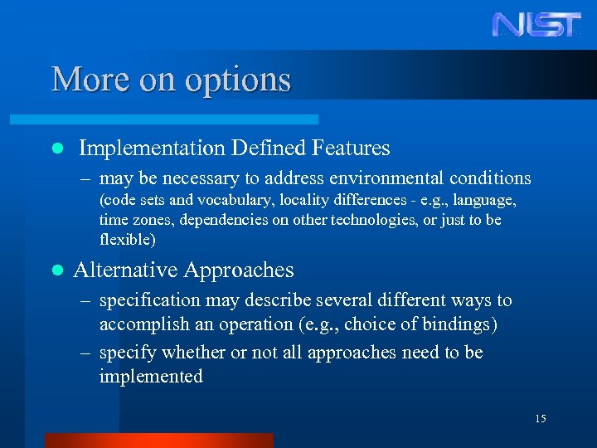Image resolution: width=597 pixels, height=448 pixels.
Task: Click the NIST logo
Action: pyautogui.click(x=536, y=24)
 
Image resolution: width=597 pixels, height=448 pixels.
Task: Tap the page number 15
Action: pyautogui.click(x=540, y=419)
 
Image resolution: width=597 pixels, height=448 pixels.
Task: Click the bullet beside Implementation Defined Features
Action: pyautogui.click(x=56, y=149)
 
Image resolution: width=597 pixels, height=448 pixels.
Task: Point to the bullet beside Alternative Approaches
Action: pyautogui.click(x=56, y=270)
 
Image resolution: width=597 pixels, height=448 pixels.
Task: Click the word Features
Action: pyautogui.click(x=351, y=149)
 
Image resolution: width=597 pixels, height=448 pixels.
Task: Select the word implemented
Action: pyautogui.click(x=151, y=377)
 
